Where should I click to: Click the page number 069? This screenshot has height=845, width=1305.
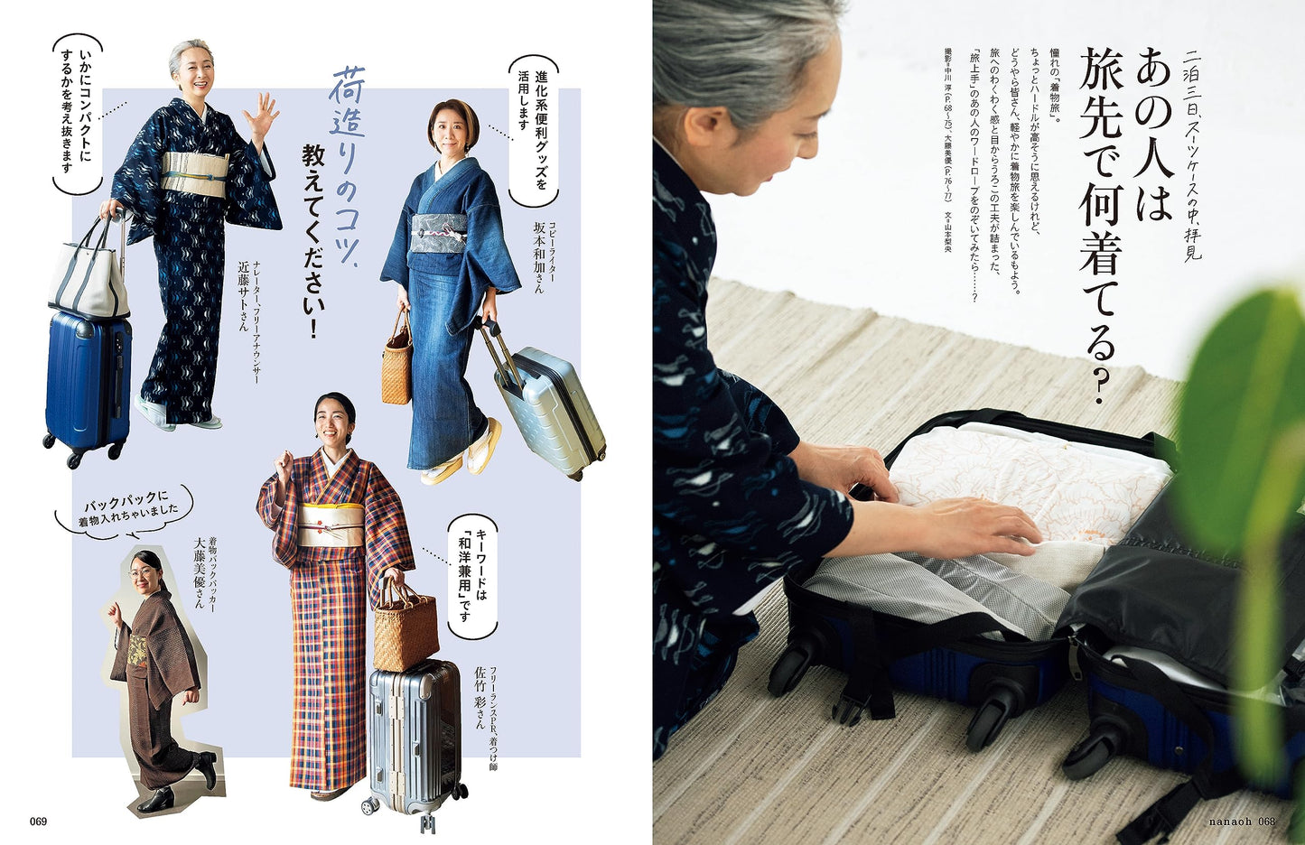click(37, 822)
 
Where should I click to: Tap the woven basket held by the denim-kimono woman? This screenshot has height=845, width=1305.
click(396, 366)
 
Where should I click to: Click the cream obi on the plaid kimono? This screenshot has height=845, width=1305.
click(332, 525)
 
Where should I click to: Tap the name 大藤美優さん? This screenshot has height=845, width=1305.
click(200, 574)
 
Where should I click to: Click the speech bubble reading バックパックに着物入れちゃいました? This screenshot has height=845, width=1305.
click(124, 511)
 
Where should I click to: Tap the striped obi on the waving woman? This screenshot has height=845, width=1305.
click(194, 173)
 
